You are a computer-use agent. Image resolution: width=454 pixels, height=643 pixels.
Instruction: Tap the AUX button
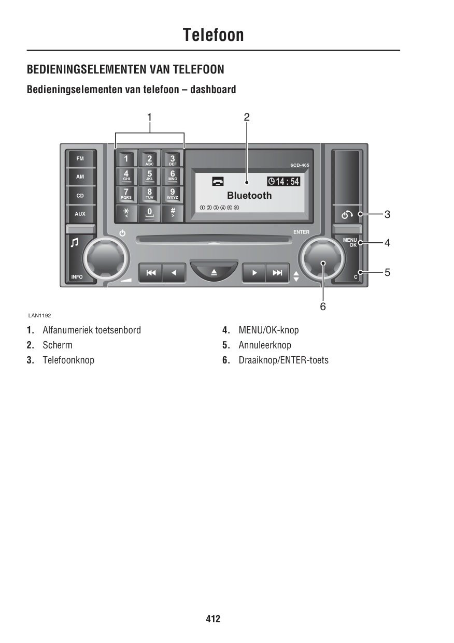pyautogui.click(x=80, y=214)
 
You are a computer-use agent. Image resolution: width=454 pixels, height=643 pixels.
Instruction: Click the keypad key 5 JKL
pyautogui.click(x=149, y=176)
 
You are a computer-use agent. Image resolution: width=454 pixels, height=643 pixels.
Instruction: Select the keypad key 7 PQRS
pyautogui.click(x=126, y=194)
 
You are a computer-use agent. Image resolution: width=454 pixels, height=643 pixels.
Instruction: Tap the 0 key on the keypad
pyautogui.click(x=149, y=213)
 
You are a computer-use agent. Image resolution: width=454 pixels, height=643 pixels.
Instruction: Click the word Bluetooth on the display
pyautogui.click(x=249, y=196)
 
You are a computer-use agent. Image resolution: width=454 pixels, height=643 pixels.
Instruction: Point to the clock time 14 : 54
pyautogui.click(x=283, y=181)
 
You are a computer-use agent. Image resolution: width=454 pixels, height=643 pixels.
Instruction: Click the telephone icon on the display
pyautogui.click(x=218, y=181)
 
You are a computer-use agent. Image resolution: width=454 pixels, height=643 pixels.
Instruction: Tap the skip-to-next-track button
pyautogui.click(x=277, y=272)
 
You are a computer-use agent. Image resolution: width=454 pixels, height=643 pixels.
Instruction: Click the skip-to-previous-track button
pyautogui.click(x=151, y=272)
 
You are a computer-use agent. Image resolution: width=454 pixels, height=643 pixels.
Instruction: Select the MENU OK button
pyautogui.click(x=350, y=242)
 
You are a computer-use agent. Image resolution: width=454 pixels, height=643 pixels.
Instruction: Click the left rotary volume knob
pyautogui.click(x=105, y=258)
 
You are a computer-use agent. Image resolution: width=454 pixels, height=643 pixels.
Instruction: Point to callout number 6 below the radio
pyautogui.click(x=323, y=306)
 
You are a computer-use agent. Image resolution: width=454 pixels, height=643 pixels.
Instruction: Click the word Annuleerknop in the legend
pyautogui.click(x=265, y=345)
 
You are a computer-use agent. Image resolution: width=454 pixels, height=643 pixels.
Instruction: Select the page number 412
pyautogui.click(x=213, y=619)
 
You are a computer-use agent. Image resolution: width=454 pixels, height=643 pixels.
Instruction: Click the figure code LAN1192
pyautogui.click(x=40, y=315)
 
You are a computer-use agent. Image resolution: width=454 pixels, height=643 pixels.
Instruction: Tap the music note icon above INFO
pyautogui.click(x=75, y=243)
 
